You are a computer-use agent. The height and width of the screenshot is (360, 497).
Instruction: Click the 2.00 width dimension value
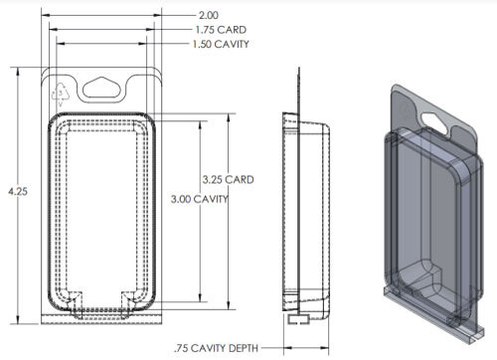coord(209,16)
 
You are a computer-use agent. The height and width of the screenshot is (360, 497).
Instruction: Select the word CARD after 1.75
coord(229,30)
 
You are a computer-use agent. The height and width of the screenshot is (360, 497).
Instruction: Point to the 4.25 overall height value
coord(11,190)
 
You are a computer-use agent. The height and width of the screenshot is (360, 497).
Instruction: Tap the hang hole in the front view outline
coord(103,88)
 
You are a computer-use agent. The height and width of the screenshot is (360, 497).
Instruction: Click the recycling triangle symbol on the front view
coord(60,95)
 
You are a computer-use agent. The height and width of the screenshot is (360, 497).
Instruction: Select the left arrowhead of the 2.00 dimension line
coord(44,16)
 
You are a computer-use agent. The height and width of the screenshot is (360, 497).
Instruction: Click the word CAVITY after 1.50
coord(233,45)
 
